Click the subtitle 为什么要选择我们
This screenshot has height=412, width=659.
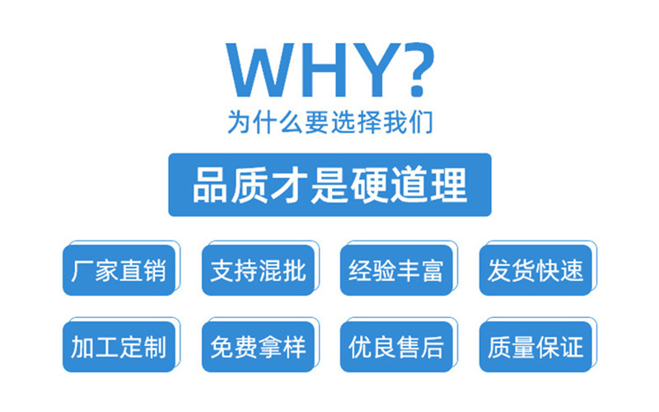click(x=329, y=121)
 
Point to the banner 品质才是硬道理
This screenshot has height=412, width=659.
click(x=329, y=185)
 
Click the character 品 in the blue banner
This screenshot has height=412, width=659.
click(x=209, y=185)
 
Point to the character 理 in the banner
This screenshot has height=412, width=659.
click(x=448, y=185)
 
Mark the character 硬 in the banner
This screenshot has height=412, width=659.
click(x=368, y=185)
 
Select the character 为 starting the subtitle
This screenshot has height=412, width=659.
click(x=239, y=122)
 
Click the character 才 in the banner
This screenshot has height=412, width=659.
click(x=289, y=185)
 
